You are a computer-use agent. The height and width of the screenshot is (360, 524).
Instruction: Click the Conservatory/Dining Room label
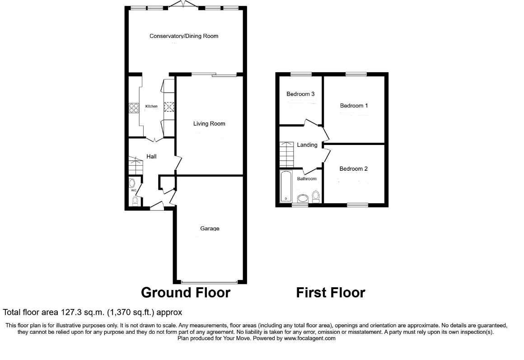pyautogui.click(x=184, y=36)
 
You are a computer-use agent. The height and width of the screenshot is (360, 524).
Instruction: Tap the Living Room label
pyautogui.click(x=209, y=124)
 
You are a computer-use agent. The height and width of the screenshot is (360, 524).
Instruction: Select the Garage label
pyautogui.click(x=210, y=229)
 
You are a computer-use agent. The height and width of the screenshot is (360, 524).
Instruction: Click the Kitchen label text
pyautogui.click(x=151, y=107)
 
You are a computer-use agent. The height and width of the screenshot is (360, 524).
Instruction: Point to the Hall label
pyautogui.click(x=151, y=157)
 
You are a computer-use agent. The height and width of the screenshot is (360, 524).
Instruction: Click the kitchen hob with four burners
pyautogui.click(x=134, y=108)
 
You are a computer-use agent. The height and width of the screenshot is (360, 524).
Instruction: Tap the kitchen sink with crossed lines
pyautogui.click(x=169, y=107)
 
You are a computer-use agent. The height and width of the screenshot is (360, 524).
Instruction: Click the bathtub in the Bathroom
pyautogui.click(x=285, y=186)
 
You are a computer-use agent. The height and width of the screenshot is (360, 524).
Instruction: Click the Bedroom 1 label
pyautogui.click(x=354, y=106)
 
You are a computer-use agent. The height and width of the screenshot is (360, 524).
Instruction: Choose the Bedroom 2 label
pyautogui.click(x=354, y=169)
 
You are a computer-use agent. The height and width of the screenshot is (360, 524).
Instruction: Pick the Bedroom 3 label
pyautogui.click(x=300, y=94)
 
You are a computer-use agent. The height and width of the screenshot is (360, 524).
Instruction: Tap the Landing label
pyautogui.click(x=307, y=145)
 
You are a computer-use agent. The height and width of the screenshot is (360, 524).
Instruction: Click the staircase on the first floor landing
pyautogui.click(x=287, y=154)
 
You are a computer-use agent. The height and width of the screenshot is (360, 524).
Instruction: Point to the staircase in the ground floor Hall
pyautogui.click(x=134, y=166)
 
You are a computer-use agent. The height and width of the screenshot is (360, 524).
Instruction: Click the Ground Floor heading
pyautogui.click(x=186, y=293)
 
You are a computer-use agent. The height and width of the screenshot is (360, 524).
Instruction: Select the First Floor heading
pyautogui.click(x=330, y=293)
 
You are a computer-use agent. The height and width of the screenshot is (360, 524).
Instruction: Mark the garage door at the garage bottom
pyautogui.click(x=210, y=281)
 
